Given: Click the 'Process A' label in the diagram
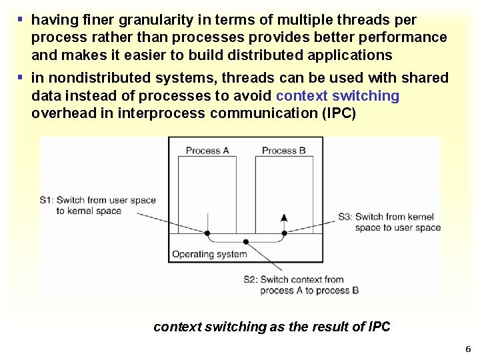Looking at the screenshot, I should pyautogui.click(x=207, y=151).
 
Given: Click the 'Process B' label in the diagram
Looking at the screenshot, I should pyautogui.click(x=284, y=151).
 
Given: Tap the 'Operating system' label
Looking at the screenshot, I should pyautogui.click(x=209, y=254).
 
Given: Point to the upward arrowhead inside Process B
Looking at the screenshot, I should pyautogui.click(x=284, y=217).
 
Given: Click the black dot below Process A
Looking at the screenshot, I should pyautogui.click(x=207, y=233).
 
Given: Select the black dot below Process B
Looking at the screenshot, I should pyautogui.click(x=284, y=233).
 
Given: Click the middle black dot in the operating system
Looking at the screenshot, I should pyautogui.click(x=247, y=243).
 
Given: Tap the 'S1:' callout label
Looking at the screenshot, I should pyautogui.click(x=47, y=200).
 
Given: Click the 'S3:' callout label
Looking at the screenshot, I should pyautogui.click(x=345, y=217).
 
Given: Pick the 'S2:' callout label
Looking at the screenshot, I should pyautogui.click(x=251, y=280).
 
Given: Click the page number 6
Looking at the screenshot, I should pyautogui.click(x=468, y=349).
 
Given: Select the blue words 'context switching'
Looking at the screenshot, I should pyautogui.click(x=337, y=96).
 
